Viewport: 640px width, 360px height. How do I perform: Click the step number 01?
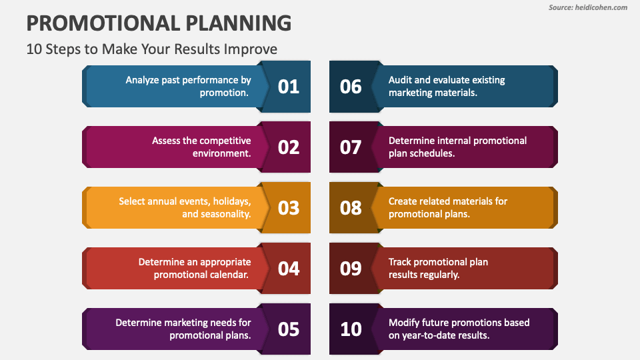(x=288, y=87)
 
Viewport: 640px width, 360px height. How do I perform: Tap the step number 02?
(x=288, y=147)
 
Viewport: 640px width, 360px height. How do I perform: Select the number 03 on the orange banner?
(x=288, y=208)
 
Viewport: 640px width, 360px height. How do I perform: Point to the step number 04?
(x=288, y=269)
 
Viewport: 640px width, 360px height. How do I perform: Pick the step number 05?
(x=288, y=329)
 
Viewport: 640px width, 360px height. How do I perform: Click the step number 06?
(x=351, y=87)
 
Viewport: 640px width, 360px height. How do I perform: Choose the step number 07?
(x=351, y=147)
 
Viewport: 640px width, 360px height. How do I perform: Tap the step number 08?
(x=351, y=208)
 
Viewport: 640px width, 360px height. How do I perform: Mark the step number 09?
(x=351, y=269)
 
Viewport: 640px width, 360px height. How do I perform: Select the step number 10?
(x=351, y=329)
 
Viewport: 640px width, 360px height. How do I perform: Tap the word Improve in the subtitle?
(x=251, y=49)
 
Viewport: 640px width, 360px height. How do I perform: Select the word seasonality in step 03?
(x=225, y=214)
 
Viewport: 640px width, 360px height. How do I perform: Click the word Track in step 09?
(x=401, y=262)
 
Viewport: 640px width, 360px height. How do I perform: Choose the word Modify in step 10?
(x=405, y=323)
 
